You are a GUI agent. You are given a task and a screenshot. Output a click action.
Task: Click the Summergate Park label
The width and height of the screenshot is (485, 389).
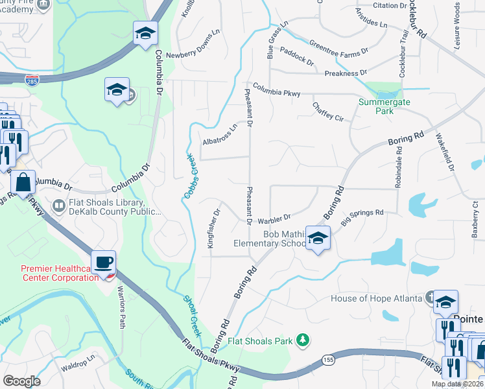(377, 106)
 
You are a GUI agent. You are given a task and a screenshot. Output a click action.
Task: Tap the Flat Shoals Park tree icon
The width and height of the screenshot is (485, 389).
(302, 340)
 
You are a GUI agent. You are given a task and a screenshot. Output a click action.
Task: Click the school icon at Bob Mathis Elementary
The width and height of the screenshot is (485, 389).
(318, 239)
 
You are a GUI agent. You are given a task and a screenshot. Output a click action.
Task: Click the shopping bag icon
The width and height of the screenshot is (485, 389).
(23, 183)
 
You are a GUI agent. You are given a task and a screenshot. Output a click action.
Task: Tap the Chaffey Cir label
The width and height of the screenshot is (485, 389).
(327, 111)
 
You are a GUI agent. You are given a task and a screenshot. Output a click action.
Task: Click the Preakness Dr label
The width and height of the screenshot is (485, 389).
(346, 73)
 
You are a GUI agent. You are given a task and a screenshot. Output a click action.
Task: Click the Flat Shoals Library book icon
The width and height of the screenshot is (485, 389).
(59, 206)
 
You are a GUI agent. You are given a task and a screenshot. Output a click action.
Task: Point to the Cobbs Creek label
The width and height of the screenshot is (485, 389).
(188, 175)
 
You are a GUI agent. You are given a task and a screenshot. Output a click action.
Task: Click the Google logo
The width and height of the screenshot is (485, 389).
(21, 381)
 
